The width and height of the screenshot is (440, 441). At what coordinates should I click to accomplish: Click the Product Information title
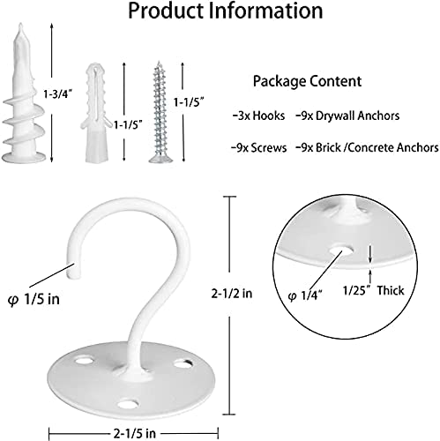click(226, 11)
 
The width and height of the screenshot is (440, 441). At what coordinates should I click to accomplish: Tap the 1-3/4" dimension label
click(58, 94)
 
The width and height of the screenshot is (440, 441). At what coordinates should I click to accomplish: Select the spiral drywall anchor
click(24, 93)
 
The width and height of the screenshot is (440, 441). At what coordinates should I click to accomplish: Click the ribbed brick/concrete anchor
click(96, 112)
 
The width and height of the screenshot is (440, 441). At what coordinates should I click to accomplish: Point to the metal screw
click(160, 112)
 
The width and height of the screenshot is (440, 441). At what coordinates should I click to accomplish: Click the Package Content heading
click(307, 81)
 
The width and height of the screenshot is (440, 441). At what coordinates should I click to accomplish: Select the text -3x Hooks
click(258, 116)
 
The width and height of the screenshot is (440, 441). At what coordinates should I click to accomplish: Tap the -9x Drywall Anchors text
click(347, 116)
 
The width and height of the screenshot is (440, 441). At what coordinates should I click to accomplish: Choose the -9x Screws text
click(258, 147)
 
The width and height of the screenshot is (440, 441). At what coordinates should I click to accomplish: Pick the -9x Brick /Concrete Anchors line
click(367, 147)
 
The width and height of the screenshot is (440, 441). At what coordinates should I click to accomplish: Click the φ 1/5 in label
click(34, 299)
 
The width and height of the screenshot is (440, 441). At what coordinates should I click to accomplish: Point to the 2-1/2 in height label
click(232, 293)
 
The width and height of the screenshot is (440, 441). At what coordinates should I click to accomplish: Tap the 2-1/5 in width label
click(134, 433)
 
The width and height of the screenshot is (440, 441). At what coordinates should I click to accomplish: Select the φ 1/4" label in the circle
click(305, 295)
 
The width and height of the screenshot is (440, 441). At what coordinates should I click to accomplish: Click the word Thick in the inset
click(391, 290)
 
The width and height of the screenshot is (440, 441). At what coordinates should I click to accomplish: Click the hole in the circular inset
click(341, 251)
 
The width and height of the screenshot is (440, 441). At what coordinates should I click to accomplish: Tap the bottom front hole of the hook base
click(128, 404)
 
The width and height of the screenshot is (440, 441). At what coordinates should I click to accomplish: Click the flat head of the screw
click(160, 160)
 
